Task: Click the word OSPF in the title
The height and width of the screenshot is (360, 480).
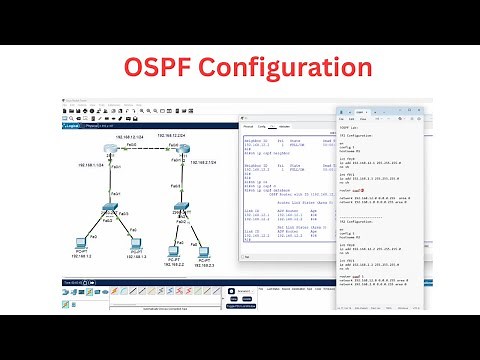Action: pos(165,69)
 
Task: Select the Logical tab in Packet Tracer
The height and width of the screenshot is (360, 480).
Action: pos(76,127)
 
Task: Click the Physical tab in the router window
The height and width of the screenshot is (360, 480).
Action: pos(248,127)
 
